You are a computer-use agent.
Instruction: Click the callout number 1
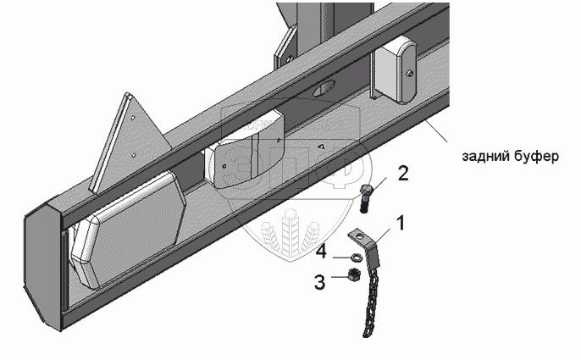(x=401, y=224)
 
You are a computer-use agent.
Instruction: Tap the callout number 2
(x=402, y=174)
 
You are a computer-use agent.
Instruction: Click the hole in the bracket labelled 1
(x=362, y=237)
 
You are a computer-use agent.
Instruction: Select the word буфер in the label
(x=537, y=157)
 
